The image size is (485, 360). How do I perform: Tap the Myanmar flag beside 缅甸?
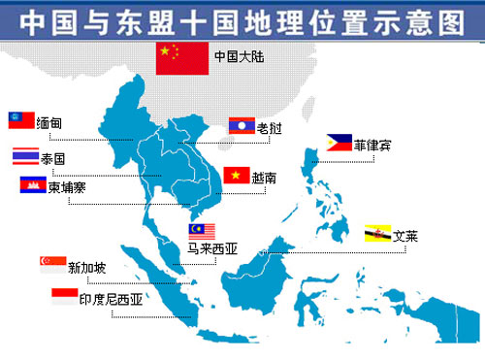point(21,121)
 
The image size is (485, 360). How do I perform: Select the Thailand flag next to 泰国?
point(24,155)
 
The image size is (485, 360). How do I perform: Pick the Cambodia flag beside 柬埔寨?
point(32,184)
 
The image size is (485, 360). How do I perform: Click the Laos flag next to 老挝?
point(242,124)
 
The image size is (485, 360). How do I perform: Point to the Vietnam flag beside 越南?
point(237,176)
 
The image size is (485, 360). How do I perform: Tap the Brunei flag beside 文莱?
point(377,235)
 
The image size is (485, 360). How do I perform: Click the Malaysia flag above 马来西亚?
point(202,231)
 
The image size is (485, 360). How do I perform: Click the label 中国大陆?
point(238,56)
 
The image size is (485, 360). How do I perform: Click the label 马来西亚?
point(212,248)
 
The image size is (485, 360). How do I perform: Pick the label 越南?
point(265,178)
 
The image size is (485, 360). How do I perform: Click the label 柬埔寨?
point(67,186)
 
